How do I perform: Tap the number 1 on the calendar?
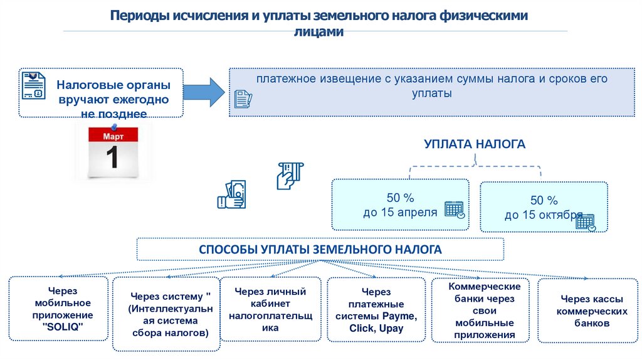tap(113, 157)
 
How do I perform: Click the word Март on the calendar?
tap(113, 135)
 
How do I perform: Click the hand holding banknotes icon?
tap(232, 194)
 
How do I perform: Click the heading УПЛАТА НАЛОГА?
tap(475, 144)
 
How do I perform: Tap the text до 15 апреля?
tap(400, 212)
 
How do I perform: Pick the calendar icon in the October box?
tap(585, 221)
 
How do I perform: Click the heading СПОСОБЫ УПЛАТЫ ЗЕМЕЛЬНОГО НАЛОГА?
tap(320, 250)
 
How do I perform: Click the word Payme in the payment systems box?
tap(399, 315)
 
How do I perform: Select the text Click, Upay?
tap(377, 328)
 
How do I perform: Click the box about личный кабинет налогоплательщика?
tap(270, 310)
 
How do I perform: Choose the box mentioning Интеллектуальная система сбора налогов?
tap(166, 314)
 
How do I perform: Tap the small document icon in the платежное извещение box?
tap(242, 98)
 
